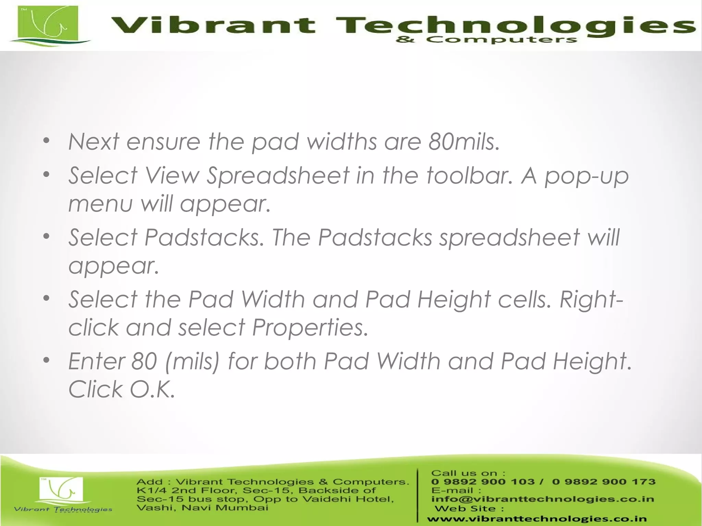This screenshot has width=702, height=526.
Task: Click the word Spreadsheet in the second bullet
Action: [x=278, y=176]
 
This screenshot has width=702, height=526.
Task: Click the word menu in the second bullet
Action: [x=100, y=204]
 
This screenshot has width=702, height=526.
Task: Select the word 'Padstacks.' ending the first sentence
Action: [x=204, y=237]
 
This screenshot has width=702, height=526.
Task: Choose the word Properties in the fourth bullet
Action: [x=310, y=328]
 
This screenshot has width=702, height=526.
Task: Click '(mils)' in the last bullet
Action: [x=192, y=362]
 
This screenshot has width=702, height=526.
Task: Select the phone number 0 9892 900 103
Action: [x=483, y=482]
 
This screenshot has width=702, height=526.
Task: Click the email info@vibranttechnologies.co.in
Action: [x=543, y=499]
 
